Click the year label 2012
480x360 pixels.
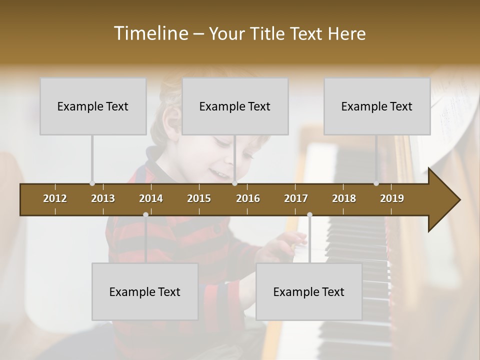[55, 198]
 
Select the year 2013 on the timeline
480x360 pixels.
[103, 198]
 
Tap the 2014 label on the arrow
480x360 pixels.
[151, 198]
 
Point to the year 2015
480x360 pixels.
[199, 198]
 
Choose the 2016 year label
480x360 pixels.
[248, 198]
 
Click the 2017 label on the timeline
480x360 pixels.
[296, 198]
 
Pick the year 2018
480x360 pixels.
[344, 198]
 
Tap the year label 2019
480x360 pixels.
[392, 198]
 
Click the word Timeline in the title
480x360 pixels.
[150, 33]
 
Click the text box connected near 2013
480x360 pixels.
[93, 106]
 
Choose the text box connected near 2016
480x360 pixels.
[235, 106]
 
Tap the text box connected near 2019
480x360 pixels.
[377, 106]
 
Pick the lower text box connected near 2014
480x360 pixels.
[145, 291]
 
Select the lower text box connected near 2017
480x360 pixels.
[309, 291]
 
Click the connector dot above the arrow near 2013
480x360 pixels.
[92, 183]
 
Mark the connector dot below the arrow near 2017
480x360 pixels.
[309, 214]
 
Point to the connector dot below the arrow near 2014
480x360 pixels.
[145, 214]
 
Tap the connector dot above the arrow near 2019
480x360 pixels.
[376, 183]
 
